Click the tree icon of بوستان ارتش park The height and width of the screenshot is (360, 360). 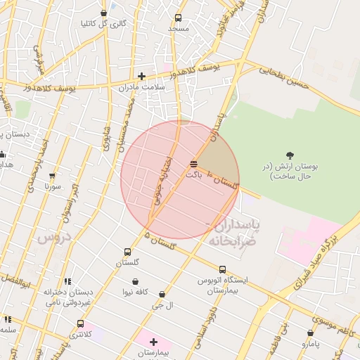(290, 155)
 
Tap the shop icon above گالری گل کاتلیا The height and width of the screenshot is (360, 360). (104, 13)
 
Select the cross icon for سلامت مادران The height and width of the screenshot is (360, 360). (141, 76)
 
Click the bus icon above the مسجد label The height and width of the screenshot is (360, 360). (178, 18)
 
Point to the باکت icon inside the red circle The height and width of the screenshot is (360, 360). (193, 164)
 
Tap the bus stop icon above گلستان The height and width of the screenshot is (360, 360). (127, 252)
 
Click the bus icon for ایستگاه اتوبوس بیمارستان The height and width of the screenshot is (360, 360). (222, 269)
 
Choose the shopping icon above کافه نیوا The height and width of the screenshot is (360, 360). (129, 280)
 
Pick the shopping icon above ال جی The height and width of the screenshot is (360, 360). (162, 294)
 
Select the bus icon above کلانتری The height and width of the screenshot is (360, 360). (80, 324)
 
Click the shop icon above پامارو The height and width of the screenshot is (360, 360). (310, 333)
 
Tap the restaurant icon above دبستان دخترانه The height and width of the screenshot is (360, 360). (67, 281)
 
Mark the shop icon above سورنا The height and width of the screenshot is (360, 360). (52, 176)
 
